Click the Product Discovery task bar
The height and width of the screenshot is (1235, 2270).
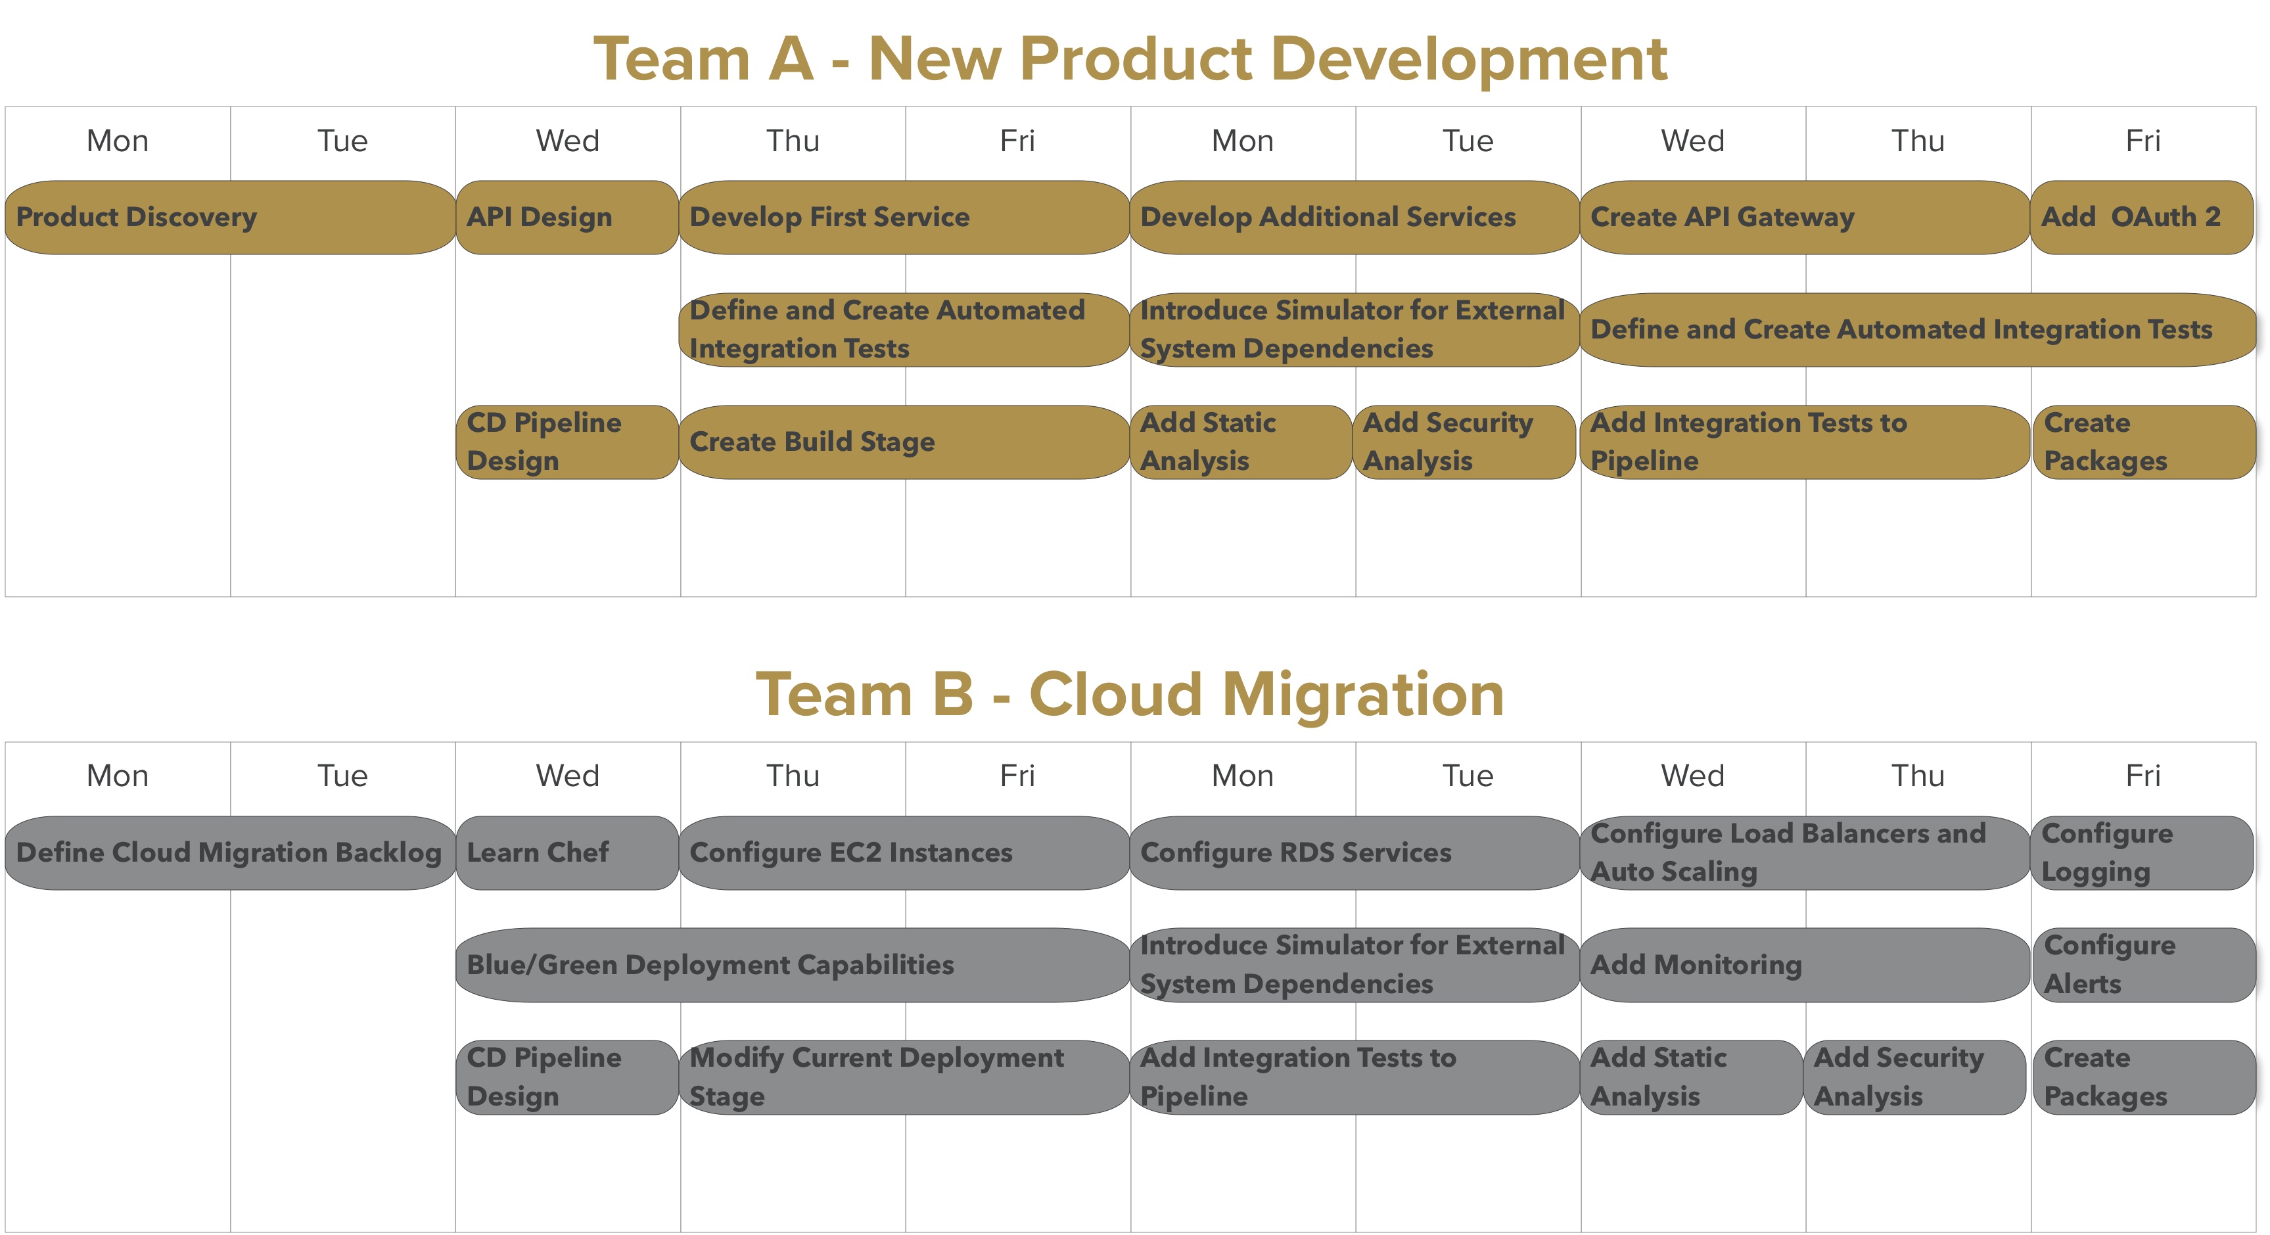tap(229, 218)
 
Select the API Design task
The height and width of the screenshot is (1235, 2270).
tap(567, 218)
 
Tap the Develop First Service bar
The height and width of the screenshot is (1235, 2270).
tap(904, 218)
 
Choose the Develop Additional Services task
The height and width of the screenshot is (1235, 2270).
tap(1355, 218)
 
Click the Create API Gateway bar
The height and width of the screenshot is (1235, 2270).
tap(1805, 218)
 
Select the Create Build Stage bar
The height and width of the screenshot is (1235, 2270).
tap(904, 442)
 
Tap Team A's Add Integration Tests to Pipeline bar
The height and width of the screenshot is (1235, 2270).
tap(1805, 442)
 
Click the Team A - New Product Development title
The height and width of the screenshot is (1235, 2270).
tap(1130, 59)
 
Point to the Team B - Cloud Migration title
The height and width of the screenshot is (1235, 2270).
tap(1130, 694)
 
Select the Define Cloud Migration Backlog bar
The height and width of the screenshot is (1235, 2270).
tap(229, 852)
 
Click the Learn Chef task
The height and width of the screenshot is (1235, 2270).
tap(567, 852)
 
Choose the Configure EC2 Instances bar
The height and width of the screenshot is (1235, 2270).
tap(904, 852)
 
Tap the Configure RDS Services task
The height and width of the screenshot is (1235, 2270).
tap(1355, 852)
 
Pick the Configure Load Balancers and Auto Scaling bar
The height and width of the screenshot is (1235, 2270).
tap(1805, 852)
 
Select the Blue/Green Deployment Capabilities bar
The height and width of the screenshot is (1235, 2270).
tap(792, 964)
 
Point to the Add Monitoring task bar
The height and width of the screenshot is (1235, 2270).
tap(1805, 964)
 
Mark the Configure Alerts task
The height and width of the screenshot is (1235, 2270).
tap(2143, 964)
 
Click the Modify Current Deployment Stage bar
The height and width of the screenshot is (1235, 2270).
tap(904, 1077)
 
